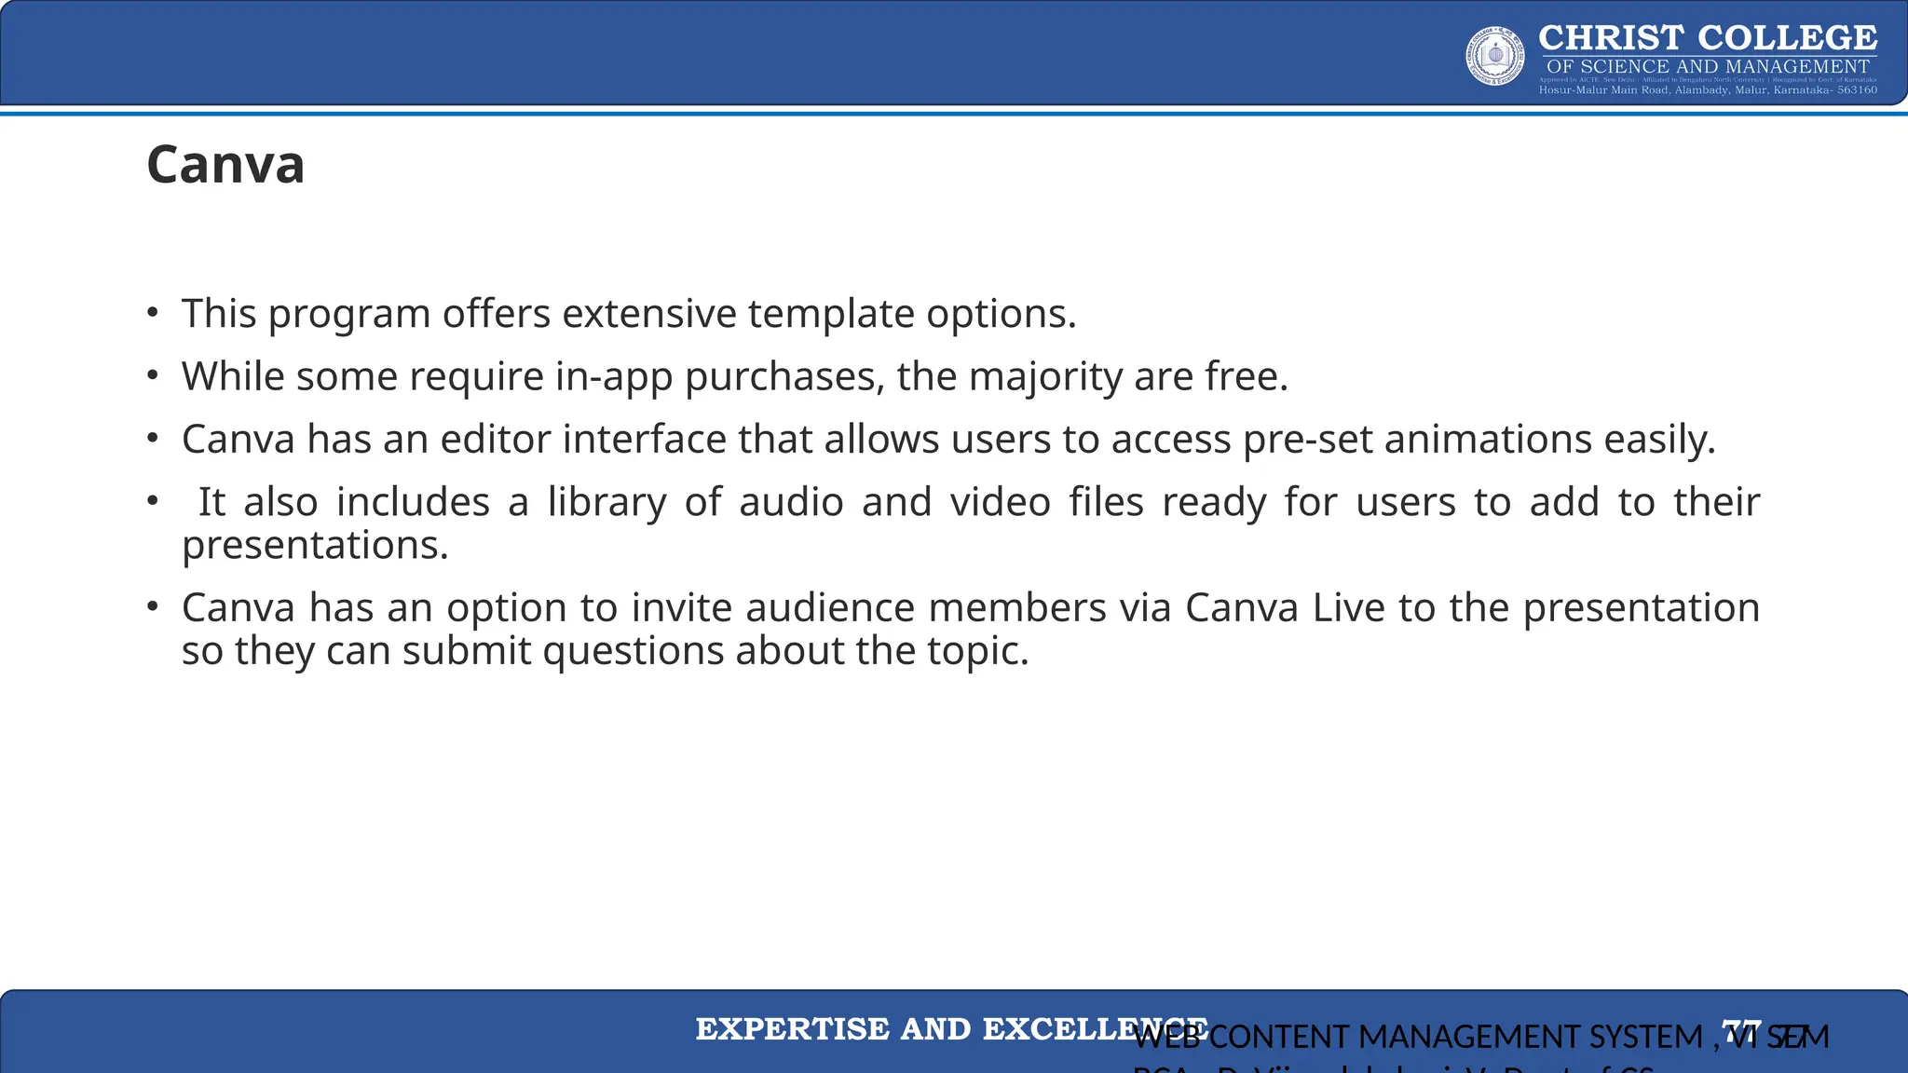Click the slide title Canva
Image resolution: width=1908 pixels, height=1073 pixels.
point(225,165)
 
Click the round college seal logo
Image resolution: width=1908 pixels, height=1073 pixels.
point(1494,56)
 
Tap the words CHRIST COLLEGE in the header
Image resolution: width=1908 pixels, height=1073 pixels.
point(1708,38)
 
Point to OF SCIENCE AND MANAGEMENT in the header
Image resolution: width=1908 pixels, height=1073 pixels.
point(1708,66)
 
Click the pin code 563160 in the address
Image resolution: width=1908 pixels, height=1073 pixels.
point(1857,90)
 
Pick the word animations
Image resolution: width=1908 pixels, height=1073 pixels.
point(1488,440)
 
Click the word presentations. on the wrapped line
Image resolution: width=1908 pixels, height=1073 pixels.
point(315,546)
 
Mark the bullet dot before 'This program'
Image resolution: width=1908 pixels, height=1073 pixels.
point(153,313)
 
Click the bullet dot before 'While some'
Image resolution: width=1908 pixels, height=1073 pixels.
point(153,375)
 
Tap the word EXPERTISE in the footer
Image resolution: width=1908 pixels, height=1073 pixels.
point(792,1029)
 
